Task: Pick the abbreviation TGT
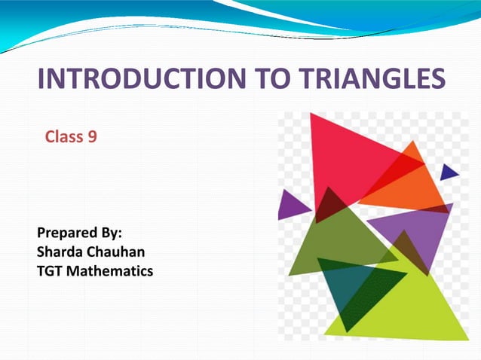[51, 269]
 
